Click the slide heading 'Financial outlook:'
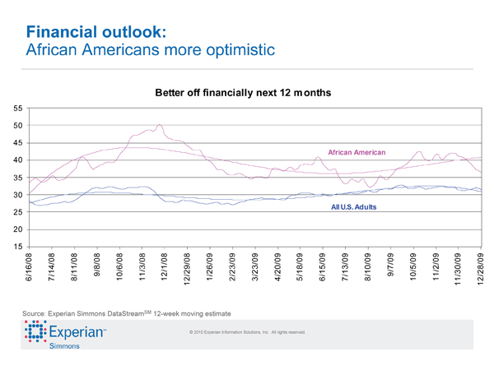[x=98, y=32]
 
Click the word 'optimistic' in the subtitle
[x=234, y=50]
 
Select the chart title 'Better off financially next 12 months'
[x=243, y=94]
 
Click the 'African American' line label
[x=357, y=153]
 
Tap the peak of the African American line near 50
[x=159, y=125]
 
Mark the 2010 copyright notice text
[x=247, y=332]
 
